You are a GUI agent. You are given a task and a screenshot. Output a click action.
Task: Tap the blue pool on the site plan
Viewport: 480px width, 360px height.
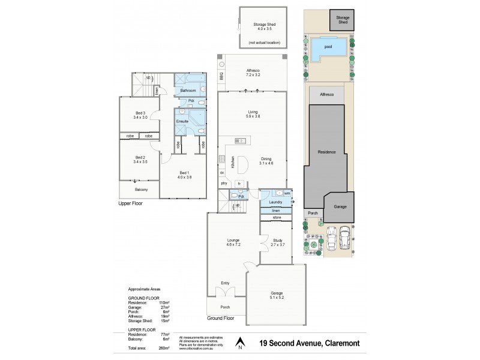pyautogui.click(x=327, y=47)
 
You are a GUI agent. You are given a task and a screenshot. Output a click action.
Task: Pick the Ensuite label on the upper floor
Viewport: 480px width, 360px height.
pyautogui.click(x=182, y=121)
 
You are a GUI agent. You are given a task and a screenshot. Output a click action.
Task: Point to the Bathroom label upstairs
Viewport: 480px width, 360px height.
pyautogui.click(x=188, y=91)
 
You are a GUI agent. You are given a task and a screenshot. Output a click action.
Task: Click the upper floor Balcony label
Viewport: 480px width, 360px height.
pyautogui.click(x=140, y=190)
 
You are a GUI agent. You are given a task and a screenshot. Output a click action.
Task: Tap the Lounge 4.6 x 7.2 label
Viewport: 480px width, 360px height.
pyautogui.click(x=233, y=243)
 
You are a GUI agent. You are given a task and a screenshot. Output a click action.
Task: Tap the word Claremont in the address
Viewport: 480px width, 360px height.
pyautogui.click(x=346, y=344)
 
